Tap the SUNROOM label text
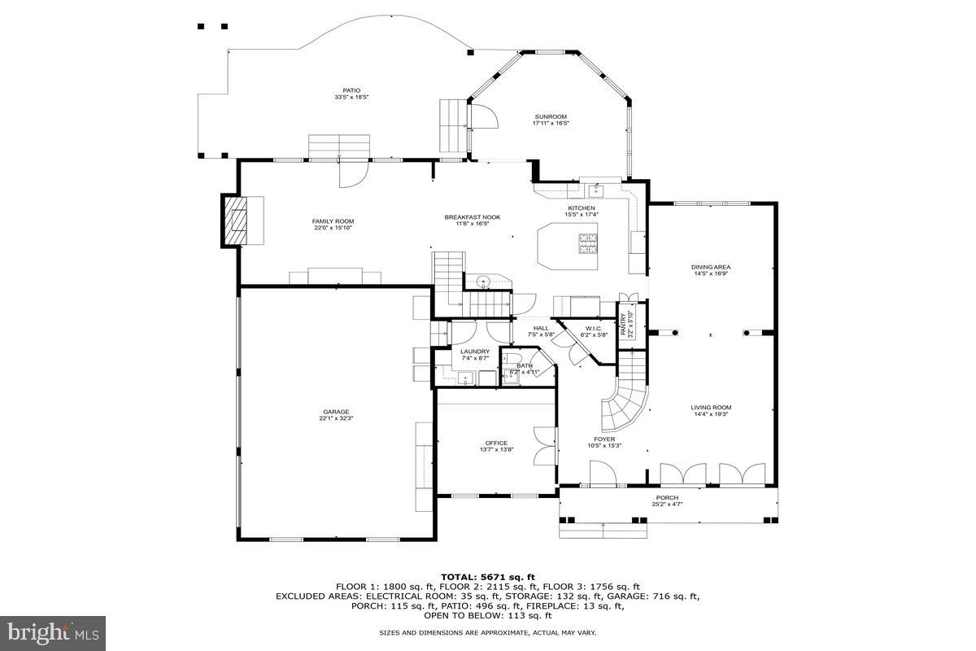[x=551, y=116]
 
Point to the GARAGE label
[x=335, y=412]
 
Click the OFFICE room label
[x=496, y=443]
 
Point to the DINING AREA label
[x=711, y=267]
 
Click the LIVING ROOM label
[x=711, y=408]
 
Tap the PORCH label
[x=667, y=498]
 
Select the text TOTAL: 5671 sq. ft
[x=488, y=576]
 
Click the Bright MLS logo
[x=54, y=630]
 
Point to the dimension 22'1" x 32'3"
[x=335, y=419]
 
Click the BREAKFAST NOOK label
[x=472, y=217]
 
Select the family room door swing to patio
[x=353, y=173]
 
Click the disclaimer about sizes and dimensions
[x=488, y=632]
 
